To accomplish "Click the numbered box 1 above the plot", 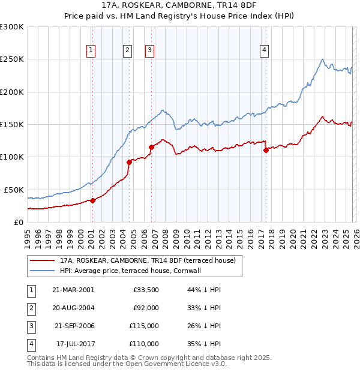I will tap(91, 51).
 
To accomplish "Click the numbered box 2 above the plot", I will tap(128, 51).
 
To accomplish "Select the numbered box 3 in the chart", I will tap(149, 51).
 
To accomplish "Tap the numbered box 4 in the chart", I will tap(264, 51).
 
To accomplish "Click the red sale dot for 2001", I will tap(92, 200).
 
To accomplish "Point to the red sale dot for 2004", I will tap(129, 162).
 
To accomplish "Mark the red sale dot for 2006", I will tap(151, 147).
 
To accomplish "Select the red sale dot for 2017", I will tap(266, 151).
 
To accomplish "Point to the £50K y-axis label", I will tap(14, 190).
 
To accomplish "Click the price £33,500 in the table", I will tap(146, 290).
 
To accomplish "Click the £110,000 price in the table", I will tap(145, 344).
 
